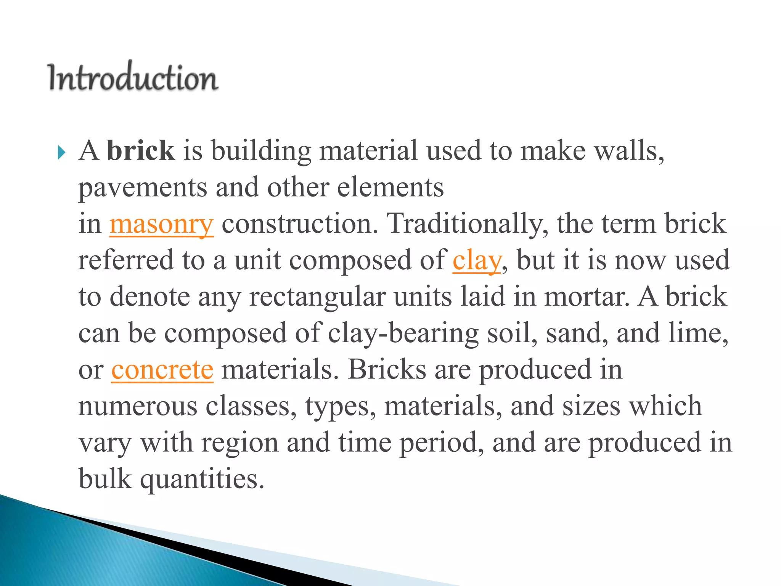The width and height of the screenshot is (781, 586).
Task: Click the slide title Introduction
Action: (133, 77)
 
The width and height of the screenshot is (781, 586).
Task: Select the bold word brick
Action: (141, 150)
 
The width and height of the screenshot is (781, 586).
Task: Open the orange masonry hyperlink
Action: (161, 224)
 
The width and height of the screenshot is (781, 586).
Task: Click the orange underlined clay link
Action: (477, 260)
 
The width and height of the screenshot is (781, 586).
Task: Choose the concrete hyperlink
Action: (162, 370)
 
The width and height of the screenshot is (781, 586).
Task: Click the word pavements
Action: (143, 188)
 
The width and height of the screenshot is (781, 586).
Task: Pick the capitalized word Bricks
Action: (387, 370)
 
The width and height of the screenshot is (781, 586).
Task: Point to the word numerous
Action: (138, 407)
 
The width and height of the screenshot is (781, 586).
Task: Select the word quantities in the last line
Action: (202, 479)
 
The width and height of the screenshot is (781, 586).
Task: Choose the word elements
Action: (390, 187)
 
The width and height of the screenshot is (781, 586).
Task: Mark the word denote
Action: (149, 297)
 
